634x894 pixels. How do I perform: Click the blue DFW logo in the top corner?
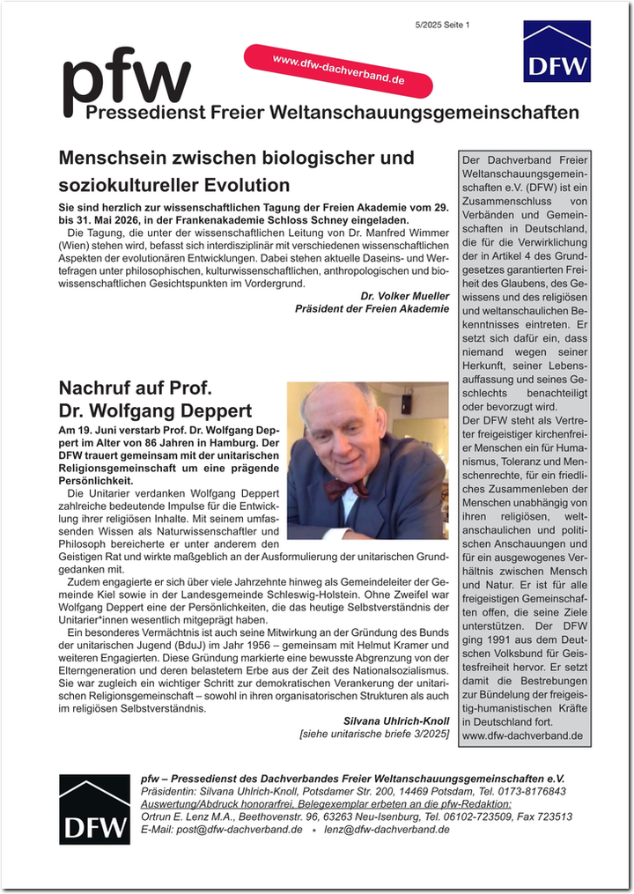point(557,51)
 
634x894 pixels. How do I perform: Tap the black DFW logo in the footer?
point(93,809)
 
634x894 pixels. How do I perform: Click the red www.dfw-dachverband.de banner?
point(339,70)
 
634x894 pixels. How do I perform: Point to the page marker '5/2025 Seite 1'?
point(443,25)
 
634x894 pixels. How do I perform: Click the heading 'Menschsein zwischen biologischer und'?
point(236,159)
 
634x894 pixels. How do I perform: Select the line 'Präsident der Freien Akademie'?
point(372,309)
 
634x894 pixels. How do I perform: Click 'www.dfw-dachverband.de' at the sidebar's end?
point(522,735)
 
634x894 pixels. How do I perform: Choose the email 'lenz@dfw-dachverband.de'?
point(387,829)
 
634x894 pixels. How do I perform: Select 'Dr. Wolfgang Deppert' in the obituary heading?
point(155,410)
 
